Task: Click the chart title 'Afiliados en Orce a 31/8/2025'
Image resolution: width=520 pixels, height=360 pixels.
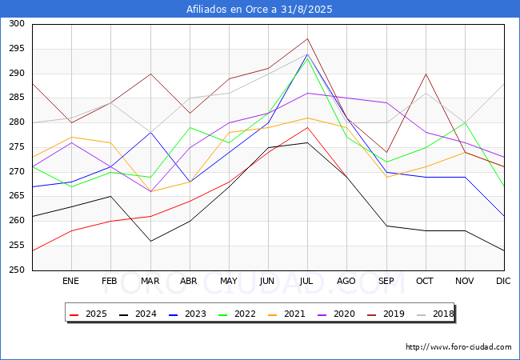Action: pyautogui.click(x=260, y=10)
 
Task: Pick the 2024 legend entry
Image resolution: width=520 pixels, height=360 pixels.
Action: pyautogui.click(x=140, y=314)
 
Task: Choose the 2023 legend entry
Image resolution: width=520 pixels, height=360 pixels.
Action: pyautogui.click(x=189, y=314)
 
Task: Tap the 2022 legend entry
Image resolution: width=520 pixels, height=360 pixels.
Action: pyautogui.click(x=238, y=314)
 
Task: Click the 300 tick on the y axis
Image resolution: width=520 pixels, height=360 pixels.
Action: pyautogui.click(x=15, y=24)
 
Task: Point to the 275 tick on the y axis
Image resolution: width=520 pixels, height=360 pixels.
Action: pyautogui.click(x=15, y=147)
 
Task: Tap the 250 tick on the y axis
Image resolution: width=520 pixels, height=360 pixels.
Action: pyautogui.click(x=15, y=270)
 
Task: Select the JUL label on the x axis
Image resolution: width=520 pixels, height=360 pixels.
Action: pyautogui.click(x=307, y=282)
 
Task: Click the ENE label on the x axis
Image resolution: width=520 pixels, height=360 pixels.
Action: pyautogui.click(x=70, y=282)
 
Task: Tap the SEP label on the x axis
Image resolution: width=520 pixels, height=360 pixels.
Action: pyautogui.click(x=386, y=282)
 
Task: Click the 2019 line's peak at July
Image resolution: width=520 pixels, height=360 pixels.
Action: pyautogui.click(x=307, y=38)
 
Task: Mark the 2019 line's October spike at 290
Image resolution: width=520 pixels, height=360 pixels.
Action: pyautogui.click(x=426, y=74)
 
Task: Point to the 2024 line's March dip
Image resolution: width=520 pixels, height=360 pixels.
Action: pyautogui.click(x=150, y=241)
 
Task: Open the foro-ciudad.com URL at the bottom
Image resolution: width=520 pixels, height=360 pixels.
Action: pyautogui.click(x=458, y=347)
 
